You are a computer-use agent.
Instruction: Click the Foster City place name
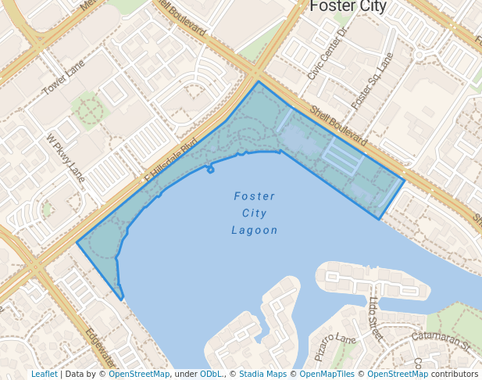[348, 6]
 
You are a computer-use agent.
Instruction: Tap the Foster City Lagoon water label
[255, 213]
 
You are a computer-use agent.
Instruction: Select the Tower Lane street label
[63, 80]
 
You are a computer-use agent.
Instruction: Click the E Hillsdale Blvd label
[170, 162]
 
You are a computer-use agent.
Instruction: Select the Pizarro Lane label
[335, 347]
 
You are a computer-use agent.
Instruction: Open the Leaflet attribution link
[44, 374]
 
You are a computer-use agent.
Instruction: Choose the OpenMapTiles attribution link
[328, 374]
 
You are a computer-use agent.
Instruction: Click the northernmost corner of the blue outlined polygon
[258, 81]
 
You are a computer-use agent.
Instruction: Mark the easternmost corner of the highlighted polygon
[404, 181]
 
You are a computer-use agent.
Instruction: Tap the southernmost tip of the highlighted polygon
[122, 299]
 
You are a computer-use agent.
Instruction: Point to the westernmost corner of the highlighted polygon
[77, 242]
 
